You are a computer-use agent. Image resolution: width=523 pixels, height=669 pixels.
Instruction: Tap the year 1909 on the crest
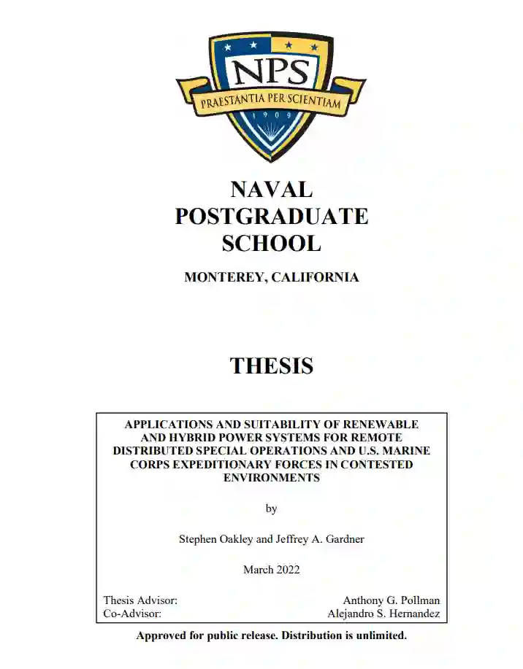click(x=271, y=115)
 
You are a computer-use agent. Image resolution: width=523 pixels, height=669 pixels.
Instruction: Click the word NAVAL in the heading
click(x=271, y=190)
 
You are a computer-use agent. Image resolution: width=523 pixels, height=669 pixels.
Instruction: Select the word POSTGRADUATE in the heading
click(x=271, y=217)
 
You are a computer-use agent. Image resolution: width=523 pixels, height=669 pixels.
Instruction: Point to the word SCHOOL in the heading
click(x=271, y=243)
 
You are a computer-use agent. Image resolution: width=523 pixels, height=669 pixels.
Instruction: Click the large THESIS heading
click(x=271, y=366)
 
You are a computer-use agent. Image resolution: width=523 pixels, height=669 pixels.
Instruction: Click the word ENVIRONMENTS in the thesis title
click(x=271, y=478)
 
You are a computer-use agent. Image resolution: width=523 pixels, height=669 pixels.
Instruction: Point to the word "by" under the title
click(x=271, y=508)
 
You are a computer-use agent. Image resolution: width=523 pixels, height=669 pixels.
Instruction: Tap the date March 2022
click(x=271, y=570)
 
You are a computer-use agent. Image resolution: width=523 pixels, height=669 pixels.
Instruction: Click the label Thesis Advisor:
click(x=140, y=600)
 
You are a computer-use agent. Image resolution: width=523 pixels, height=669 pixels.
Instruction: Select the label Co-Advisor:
click(x=132, y=614)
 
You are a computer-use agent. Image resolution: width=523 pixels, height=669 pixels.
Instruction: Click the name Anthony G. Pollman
click(x=392, y=600)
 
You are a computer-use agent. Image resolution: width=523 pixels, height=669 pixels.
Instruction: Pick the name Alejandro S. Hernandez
click(x=383, y=614)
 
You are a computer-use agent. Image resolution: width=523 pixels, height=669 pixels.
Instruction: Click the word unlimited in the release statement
click(x=380, y=635)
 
